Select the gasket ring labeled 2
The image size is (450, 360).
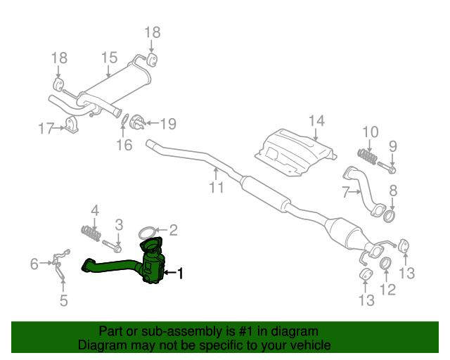(x=147, y=231)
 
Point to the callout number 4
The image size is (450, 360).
(x=95, y=210)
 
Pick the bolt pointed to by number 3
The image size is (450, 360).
(x=116, y=247)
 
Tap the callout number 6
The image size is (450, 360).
(x=34, y=264)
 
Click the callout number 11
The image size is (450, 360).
(x=216, y=188)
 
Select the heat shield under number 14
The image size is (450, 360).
(x=294, y=150)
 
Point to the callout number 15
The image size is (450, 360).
(x=109, y=58)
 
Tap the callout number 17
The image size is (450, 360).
(x=46, y=129)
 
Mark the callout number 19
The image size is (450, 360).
(x=168, y=124)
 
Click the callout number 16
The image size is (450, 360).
(x=124, y=146)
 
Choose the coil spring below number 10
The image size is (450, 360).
(x=368, y=154)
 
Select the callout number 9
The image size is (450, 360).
(x=393, y=146)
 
